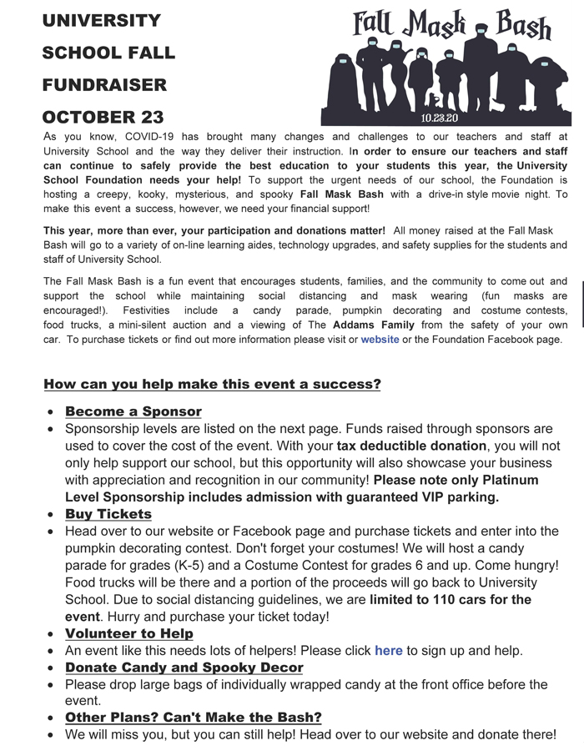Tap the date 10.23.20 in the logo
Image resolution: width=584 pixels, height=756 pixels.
439,117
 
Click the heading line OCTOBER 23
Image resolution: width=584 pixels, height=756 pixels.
103,117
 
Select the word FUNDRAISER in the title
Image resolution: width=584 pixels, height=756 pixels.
104,84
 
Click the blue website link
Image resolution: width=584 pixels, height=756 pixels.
380,340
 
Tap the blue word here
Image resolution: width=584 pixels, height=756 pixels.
388,650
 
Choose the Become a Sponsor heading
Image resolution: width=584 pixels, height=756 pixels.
133,411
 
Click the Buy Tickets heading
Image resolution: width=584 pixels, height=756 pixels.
108,514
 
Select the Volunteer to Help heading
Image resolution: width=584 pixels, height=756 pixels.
129,633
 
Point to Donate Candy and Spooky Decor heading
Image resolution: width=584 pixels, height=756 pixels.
184,668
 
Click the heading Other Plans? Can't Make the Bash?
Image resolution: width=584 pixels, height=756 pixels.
193,718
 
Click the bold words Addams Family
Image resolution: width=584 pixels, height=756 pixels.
368,325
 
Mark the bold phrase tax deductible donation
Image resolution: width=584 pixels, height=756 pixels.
411,446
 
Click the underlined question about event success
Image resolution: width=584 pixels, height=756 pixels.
212,385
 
